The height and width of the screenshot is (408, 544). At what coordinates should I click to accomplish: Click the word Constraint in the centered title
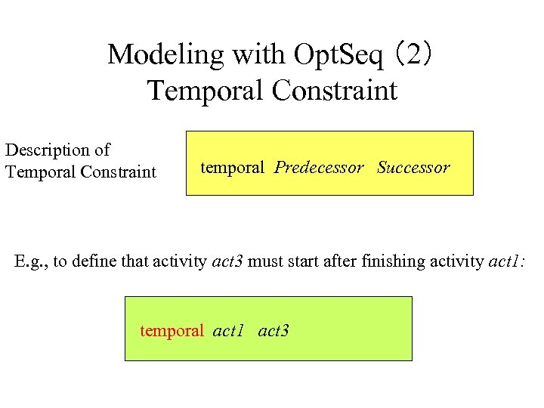(333, 91)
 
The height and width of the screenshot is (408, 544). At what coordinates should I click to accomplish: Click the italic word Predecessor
(319, 168)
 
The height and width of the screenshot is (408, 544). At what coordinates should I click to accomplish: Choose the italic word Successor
(413, 168)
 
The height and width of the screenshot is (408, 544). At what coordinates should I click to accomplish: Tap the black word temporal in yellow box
(232, 168)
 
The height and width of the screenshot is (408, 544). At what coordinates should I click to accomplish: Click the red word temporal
(172, 330)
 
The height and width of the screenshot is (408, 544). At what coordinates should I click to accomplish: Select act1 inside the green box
(229, 330)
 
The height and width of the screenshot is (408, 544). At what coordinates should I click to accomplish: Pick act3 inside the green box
(274, 330)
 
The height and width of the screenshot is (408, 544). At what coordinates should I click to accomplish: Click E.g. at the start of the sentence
(31, 262)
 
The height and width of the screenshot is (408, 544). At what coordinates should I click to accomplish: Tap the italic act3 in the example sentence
(227, 262)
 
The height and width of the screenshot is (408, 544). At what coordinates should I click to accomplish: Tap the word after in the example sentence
(341, 262)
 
